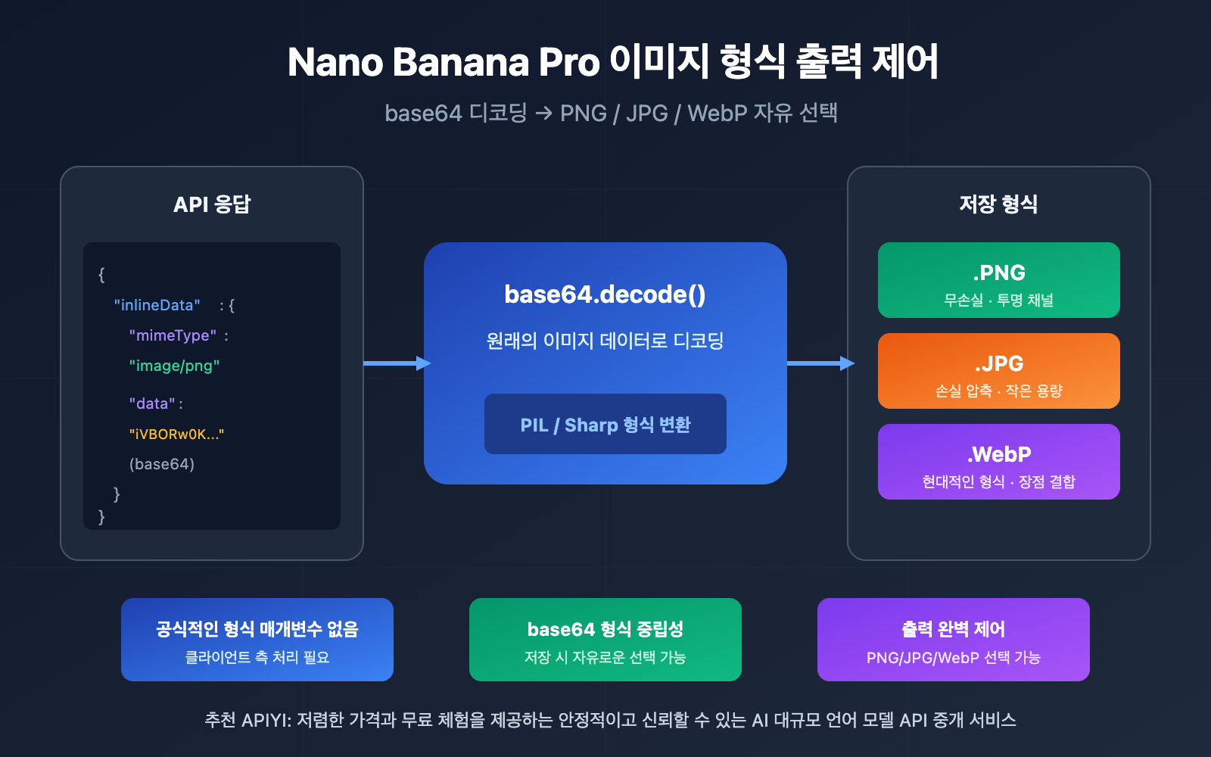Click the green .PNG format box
coord(998,280)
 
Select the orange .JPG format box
coord(998,371)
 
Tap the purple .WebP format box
coord(998,462)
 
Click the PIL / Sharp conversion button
coord(605,424)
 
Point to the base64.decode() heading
coord(605,294)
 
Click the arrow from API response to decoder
coord(395,363)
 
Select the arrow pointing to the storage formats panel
coord(820,363)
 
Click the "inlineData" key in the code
coord(157,305)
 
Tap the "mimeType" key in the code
coord(173,335)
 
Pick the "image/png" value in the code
coord(174,366)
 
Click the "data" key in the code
coord(152,403)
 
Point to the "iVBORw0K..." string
coord(176,434)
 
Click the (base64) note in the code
coord(162,464)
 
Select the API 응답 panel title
coord(212,204)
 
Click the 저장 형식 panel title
coord(998,204)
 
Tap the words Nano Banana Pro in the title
coord(444,62)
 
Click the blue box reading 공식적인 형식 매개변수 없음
coord(257,640)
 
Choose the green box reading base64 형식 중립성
coord(605,640)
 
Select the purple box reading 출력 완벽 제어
coord(954,640)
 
